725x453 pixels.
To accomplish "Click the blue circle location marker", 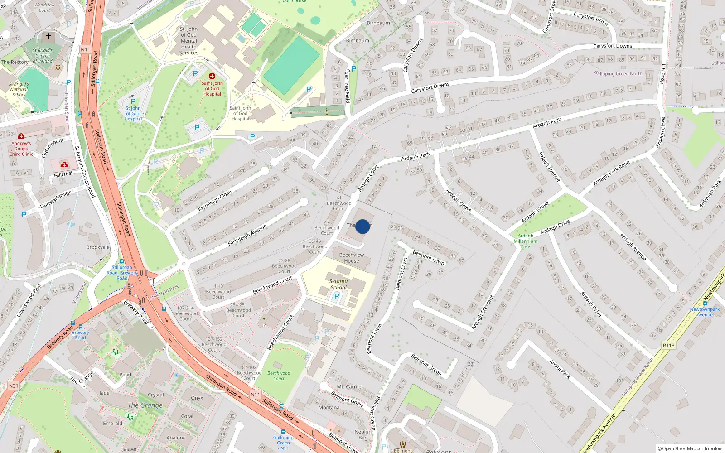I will coord(362,226).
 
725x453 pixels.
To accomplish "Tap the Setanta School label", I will coord(338,284).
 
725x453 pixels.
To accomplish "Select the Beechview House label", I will coord(352,258).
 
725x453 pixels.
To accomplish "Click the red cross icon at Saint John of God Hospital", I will coord(212,76).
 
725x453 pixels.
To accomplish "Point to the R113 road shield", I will coord(669,345).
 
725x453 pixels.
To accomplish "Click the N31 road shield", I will coord(14,386).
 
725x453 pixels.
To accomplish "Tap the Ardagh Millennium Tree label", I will coord(526,241).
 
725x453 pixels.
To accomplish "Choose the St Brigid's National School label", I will coord(19,89).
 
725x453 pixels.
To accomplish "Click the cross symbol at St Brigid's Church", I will coord(48,36).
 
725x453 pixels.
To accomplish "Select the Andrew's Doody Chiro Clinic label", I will coord(21,149).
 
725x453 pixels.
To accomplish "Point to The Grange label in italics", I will coord(145,405).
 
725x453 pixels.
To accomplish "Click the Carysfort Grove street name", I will coord(591,19).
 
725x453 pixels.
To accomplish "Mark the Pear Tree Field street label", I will coord(348,86).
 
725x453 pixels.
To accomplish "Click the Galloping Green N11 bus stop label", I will coord(284,443).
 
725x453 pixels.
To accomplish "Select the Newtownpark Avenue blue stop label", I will coord(705,312).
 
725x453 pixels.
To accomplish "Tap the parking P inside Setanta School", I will coord(337,296).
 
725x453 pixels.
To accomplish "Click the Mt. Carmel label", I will coord(350,387).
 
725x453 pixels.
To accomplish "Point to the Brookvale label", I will coord(98,247).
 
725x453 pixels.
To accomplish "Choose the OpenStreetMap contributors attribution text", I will coord(690,448).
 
